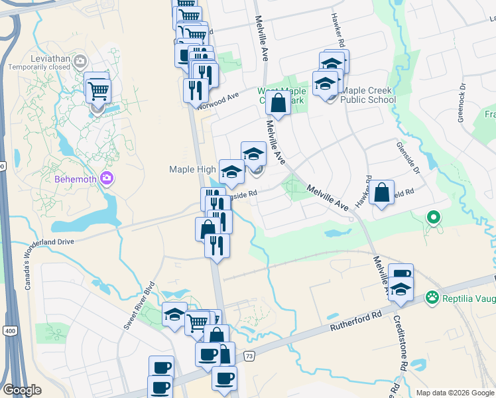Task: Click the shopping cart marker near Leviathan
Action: (x=98, y=90)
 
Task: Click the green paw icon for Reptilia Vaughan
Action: (x=433, y=297)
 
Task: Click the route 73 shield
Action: (x=249, y=357)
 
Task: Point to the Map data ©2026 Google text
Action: (x=454, y=393)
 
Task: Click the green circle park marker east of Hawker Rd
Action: (x=434, y=217)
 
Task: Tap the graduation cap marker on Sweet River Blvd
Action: (x=175, y=315)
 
